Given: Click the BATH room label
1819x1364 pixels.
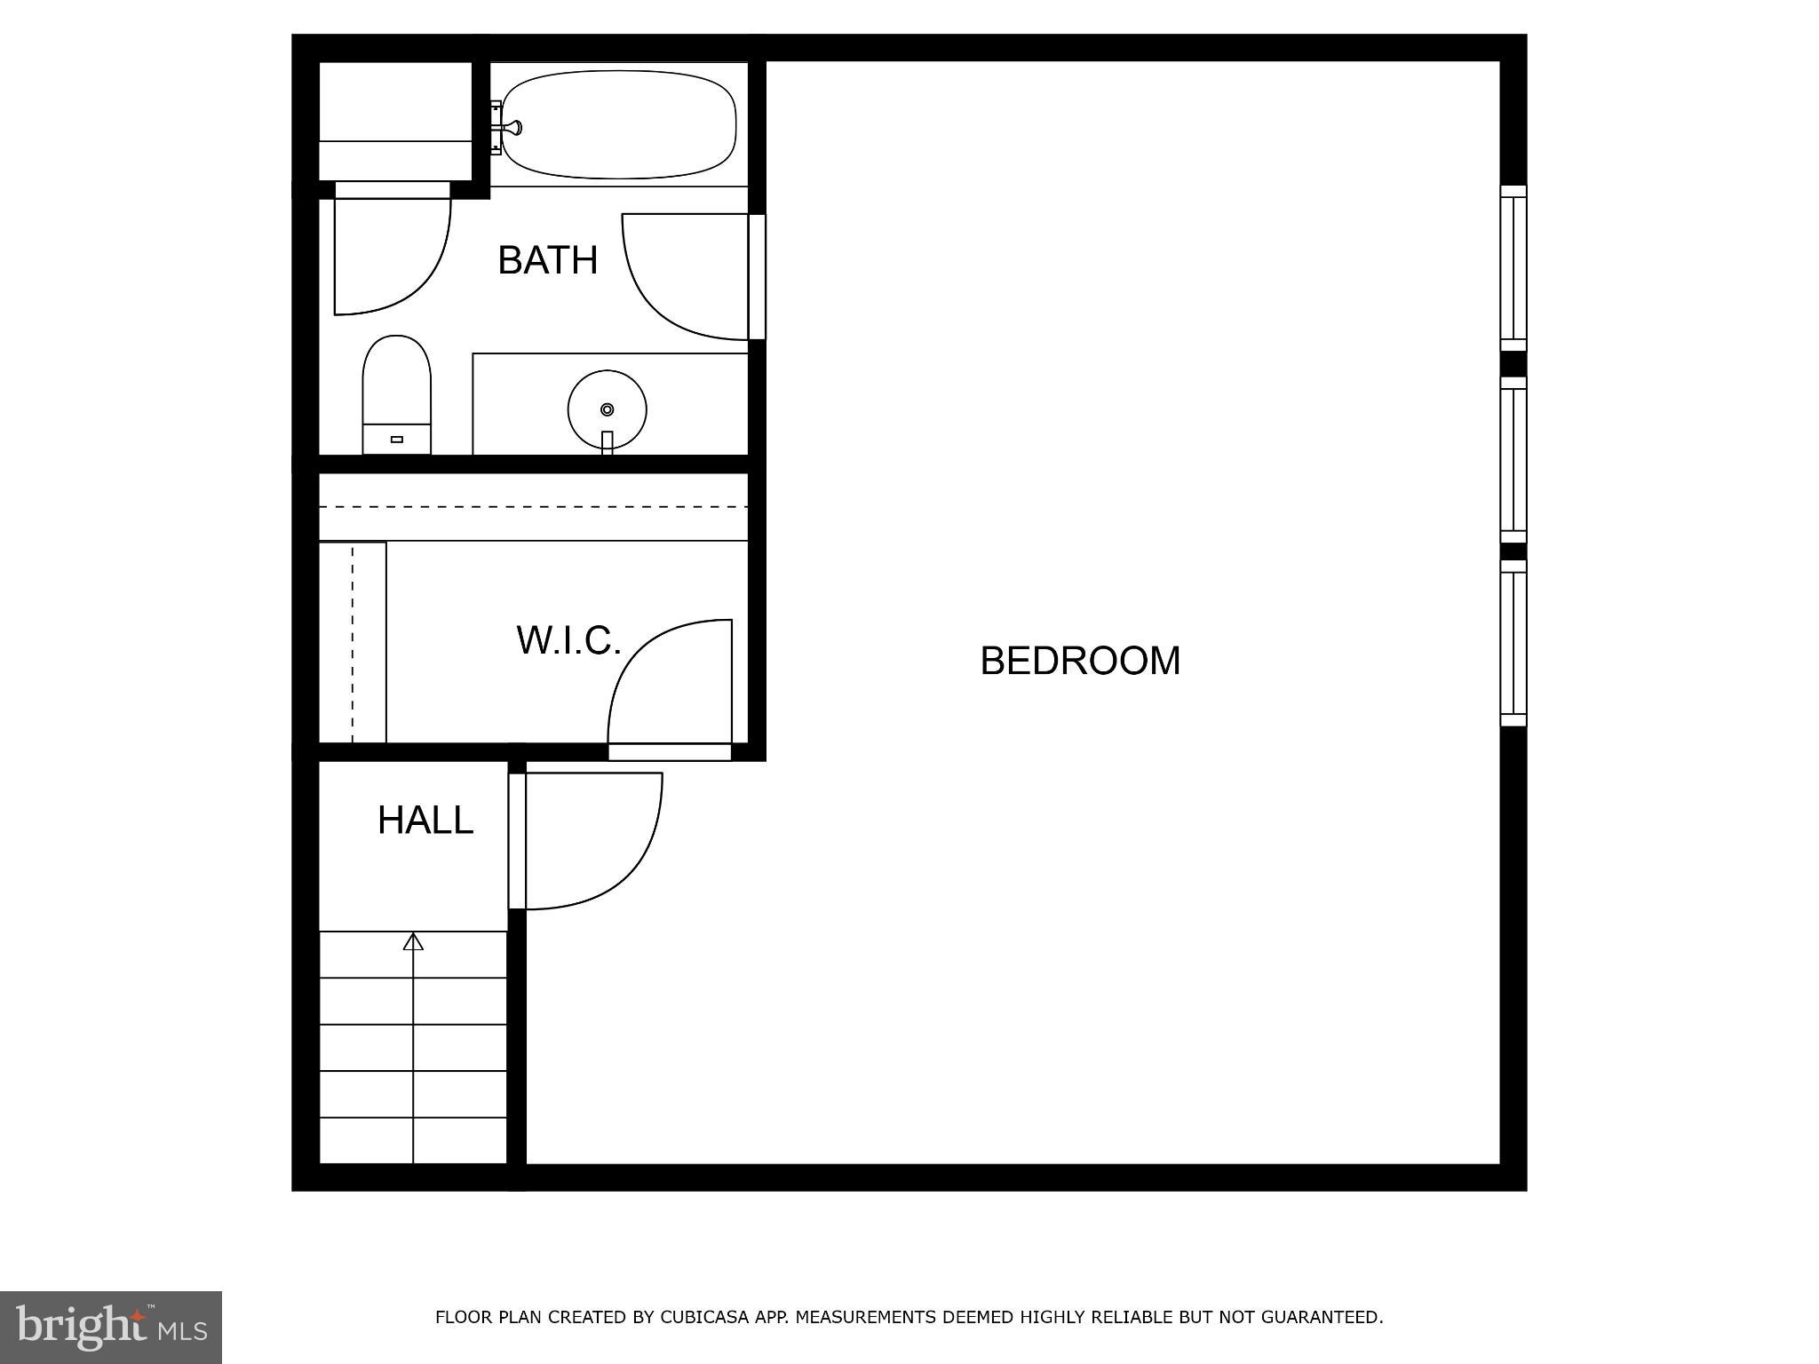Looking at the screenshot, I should [x=547, y=260].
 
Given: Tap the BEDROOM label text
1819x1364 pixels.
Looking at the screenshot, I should [x=1080, y=661].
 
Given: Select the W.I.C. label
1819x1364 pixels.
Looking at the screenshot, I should [x=568, y=640].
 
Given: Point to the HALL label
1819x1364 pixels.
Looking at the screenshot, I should [x=425, y=821].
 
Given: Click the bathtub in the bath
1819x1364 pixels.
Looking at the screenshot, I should [x=619, y=124].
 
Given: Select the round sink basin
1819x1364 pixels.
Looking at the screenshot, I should [x=607, y=409].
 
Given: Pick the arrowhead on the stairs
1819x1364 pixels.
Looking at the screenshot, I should [x=413, y=942].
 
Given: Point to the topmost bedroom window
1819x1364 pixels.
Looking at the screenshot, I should [x=1513, y=268].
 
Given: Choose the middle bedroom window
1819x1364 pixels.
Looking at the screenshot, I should [x=1513, y=459].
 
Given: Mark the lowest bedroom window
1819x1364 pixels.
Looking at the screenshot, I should [x=1513, y=643].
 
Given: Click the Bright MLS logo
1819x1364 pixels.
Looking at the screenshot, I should [x=111, y=1327].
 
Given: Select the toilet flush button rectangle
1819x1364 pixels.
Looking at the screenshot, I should [x=397, y=440].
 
